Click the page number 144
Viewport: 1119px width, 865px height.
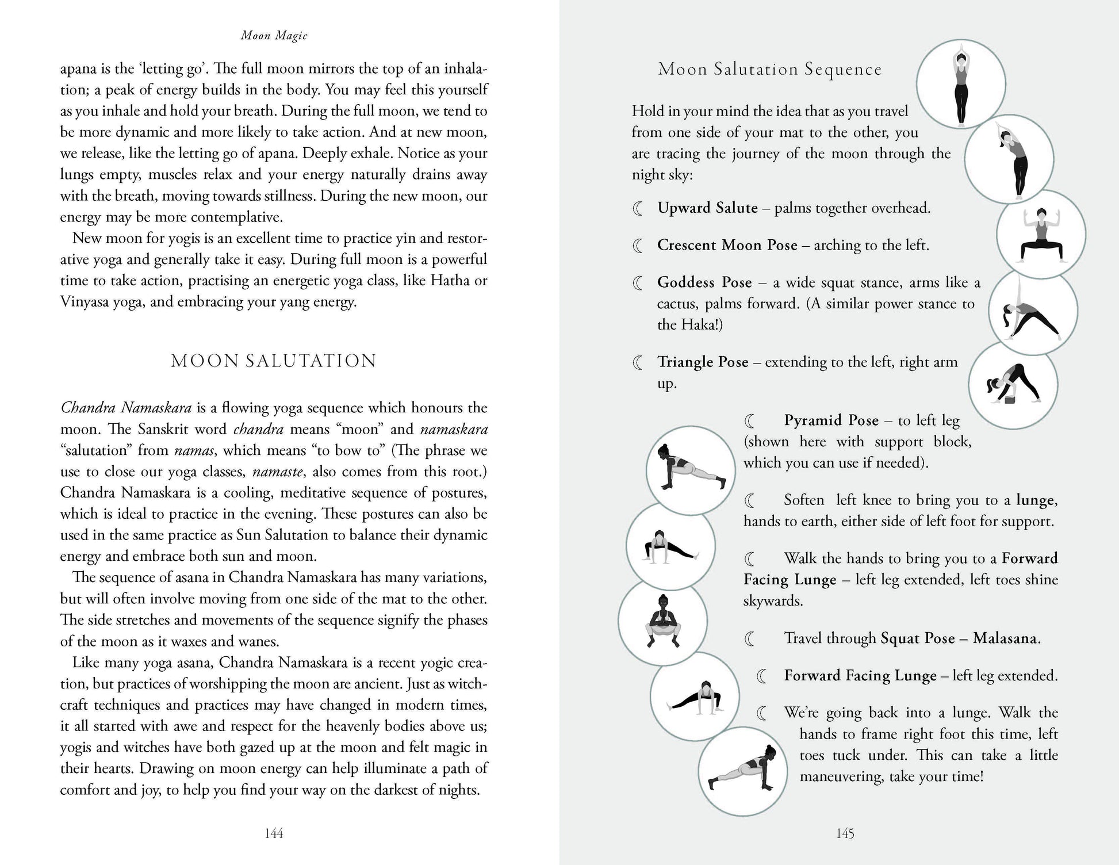point(274,833)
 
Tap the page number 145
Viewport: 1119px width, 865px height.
point(845,833)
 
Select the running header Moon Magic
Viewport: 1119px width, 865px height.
point(274,36)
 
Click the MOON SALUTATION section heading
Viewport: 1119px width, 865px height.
point(274,361)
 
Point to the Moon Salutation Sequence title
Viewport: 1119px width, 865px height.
point(769,70)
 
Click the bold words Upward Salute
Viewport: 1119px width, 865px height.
point(707,208)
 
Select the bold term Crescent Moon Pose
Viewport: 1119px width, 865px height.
point(727,245)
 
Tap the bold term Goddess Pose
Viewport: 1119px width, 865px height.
point(704,282)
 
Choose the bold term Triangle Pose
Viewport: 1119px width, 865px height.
point(703,362)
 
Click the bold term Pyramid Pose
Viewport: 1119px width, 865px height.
point(831,420)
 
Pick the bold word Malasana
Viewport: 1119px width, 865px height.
point(1006,638)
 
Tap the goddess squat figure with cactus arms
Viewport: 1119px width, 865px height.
point(1041,235)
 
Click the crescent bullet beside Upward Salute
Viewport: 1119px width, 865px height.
point(638,209)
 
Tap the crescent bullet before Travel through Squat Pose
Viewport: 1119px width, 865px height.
point(750,638)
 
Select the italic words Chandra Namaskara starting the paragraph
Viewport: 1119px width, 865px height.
point(126,408)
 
